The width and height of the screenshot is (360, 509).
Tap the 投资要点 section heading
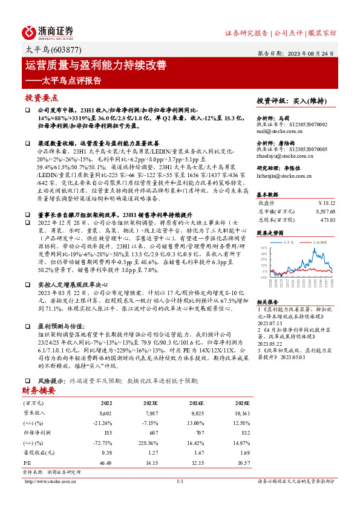pos(41,97)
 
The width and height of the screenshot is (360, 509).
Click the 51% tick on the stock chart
pos(262,247)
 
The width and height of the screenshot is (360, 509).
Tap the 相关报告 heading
pos(266,302)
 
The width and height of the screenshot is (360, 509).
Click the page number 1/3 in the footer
pos(179,481)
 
